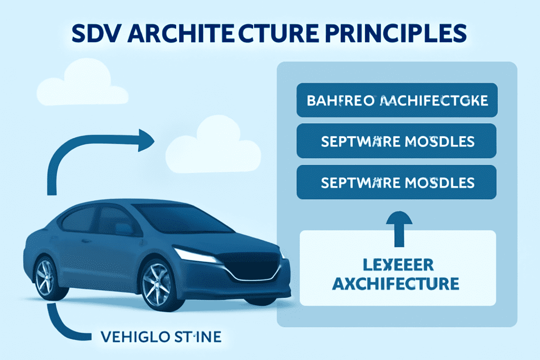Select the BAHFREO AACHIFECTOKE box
pos(397,100)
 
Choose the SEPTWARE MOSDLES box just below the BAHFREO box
pos(397,141)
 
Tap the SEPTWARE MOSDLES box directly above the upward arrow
pos(397,182)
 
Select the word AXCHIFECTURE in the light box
pos(397,285)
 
